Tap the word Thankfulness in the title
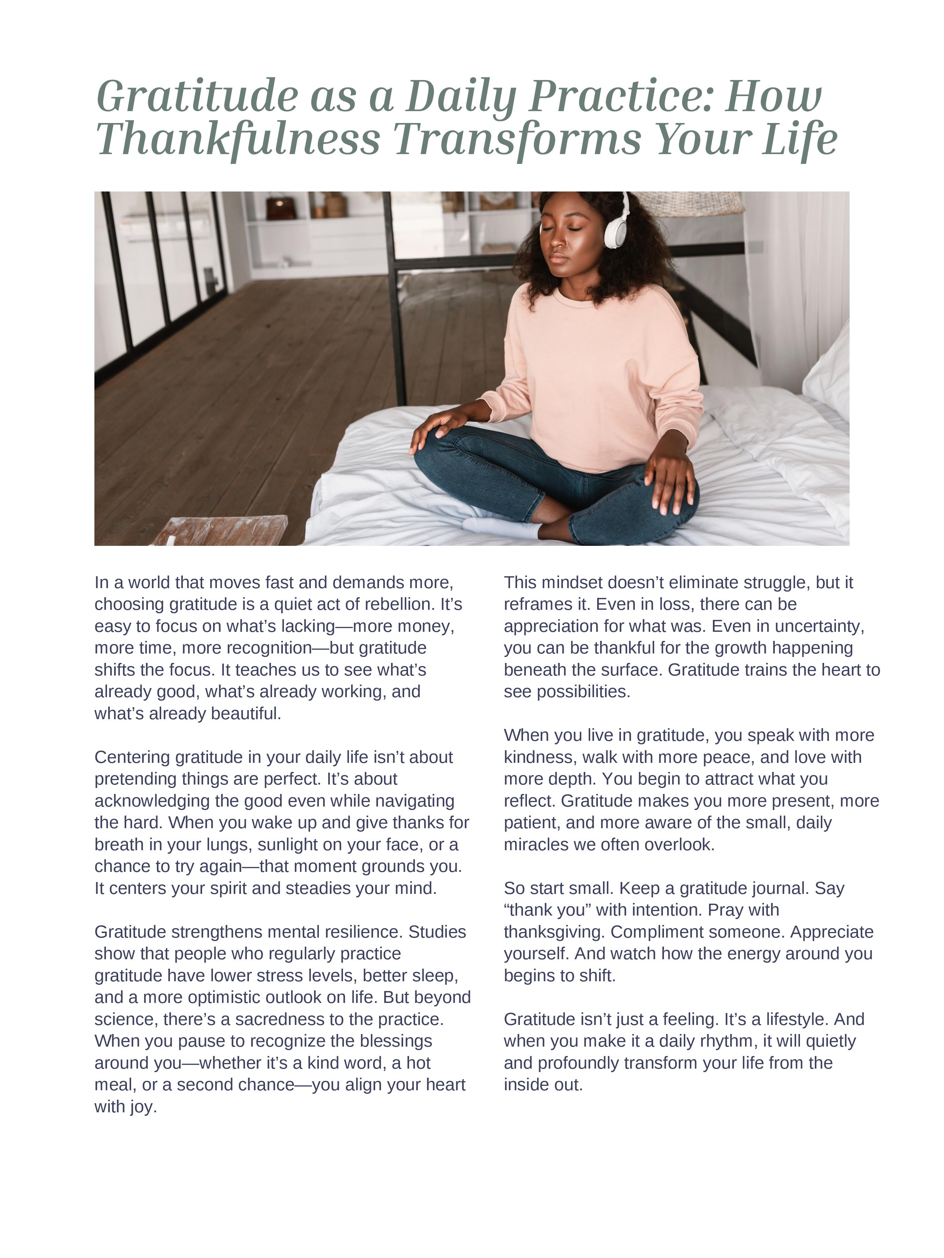(x=238, y=139)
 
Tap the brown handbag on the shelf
(x=280, y=208)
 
